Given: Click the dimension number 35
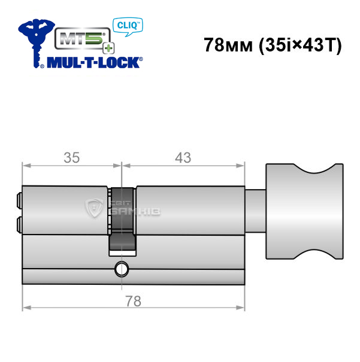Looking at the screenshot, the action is point(72,158).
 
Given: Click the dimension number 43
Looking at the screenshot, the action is point(183,158).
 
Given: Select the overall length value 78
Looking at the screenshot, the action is point(134,302).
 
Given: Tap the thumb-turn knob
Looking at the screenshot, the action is point(304,211).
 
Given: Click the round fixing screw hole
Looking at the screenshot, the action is point(122,269).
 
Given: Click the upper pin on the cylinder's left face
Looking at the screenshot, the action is point(19,200).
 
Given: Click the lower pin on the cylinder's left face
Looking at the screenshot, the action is point(19,224).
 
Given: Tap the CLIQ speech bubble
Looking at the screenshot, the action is point(128,26).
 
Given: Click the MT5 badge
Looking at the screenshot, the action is point(83,38).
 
